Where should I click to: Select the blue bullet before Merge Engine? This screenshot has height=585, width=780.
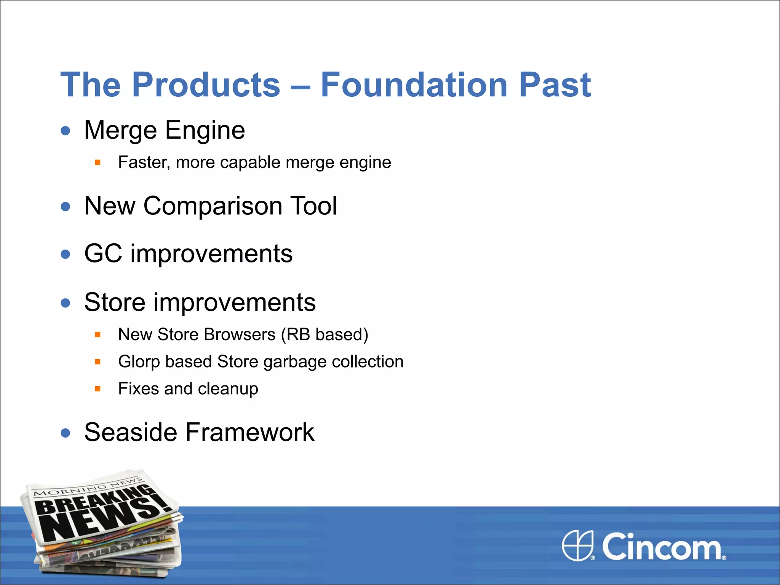(66, 131)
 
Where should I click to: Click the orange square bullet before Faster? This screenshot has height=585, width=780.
(97, 163)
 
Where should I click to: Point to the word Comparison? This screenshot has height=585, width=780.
(213, 206)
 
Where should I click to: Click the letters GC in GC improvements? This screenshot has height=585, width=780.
(103, 254)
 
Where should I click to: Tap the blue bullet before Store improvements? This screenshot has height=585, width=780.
(66, 303)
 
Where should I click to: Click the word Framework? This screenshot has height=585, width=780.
(250, 433)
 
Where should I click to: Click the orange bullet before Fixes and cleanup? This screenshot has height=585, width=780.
(97, 389)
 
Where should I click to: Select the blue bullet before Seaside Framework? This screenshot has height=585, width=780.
(66, 433)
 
